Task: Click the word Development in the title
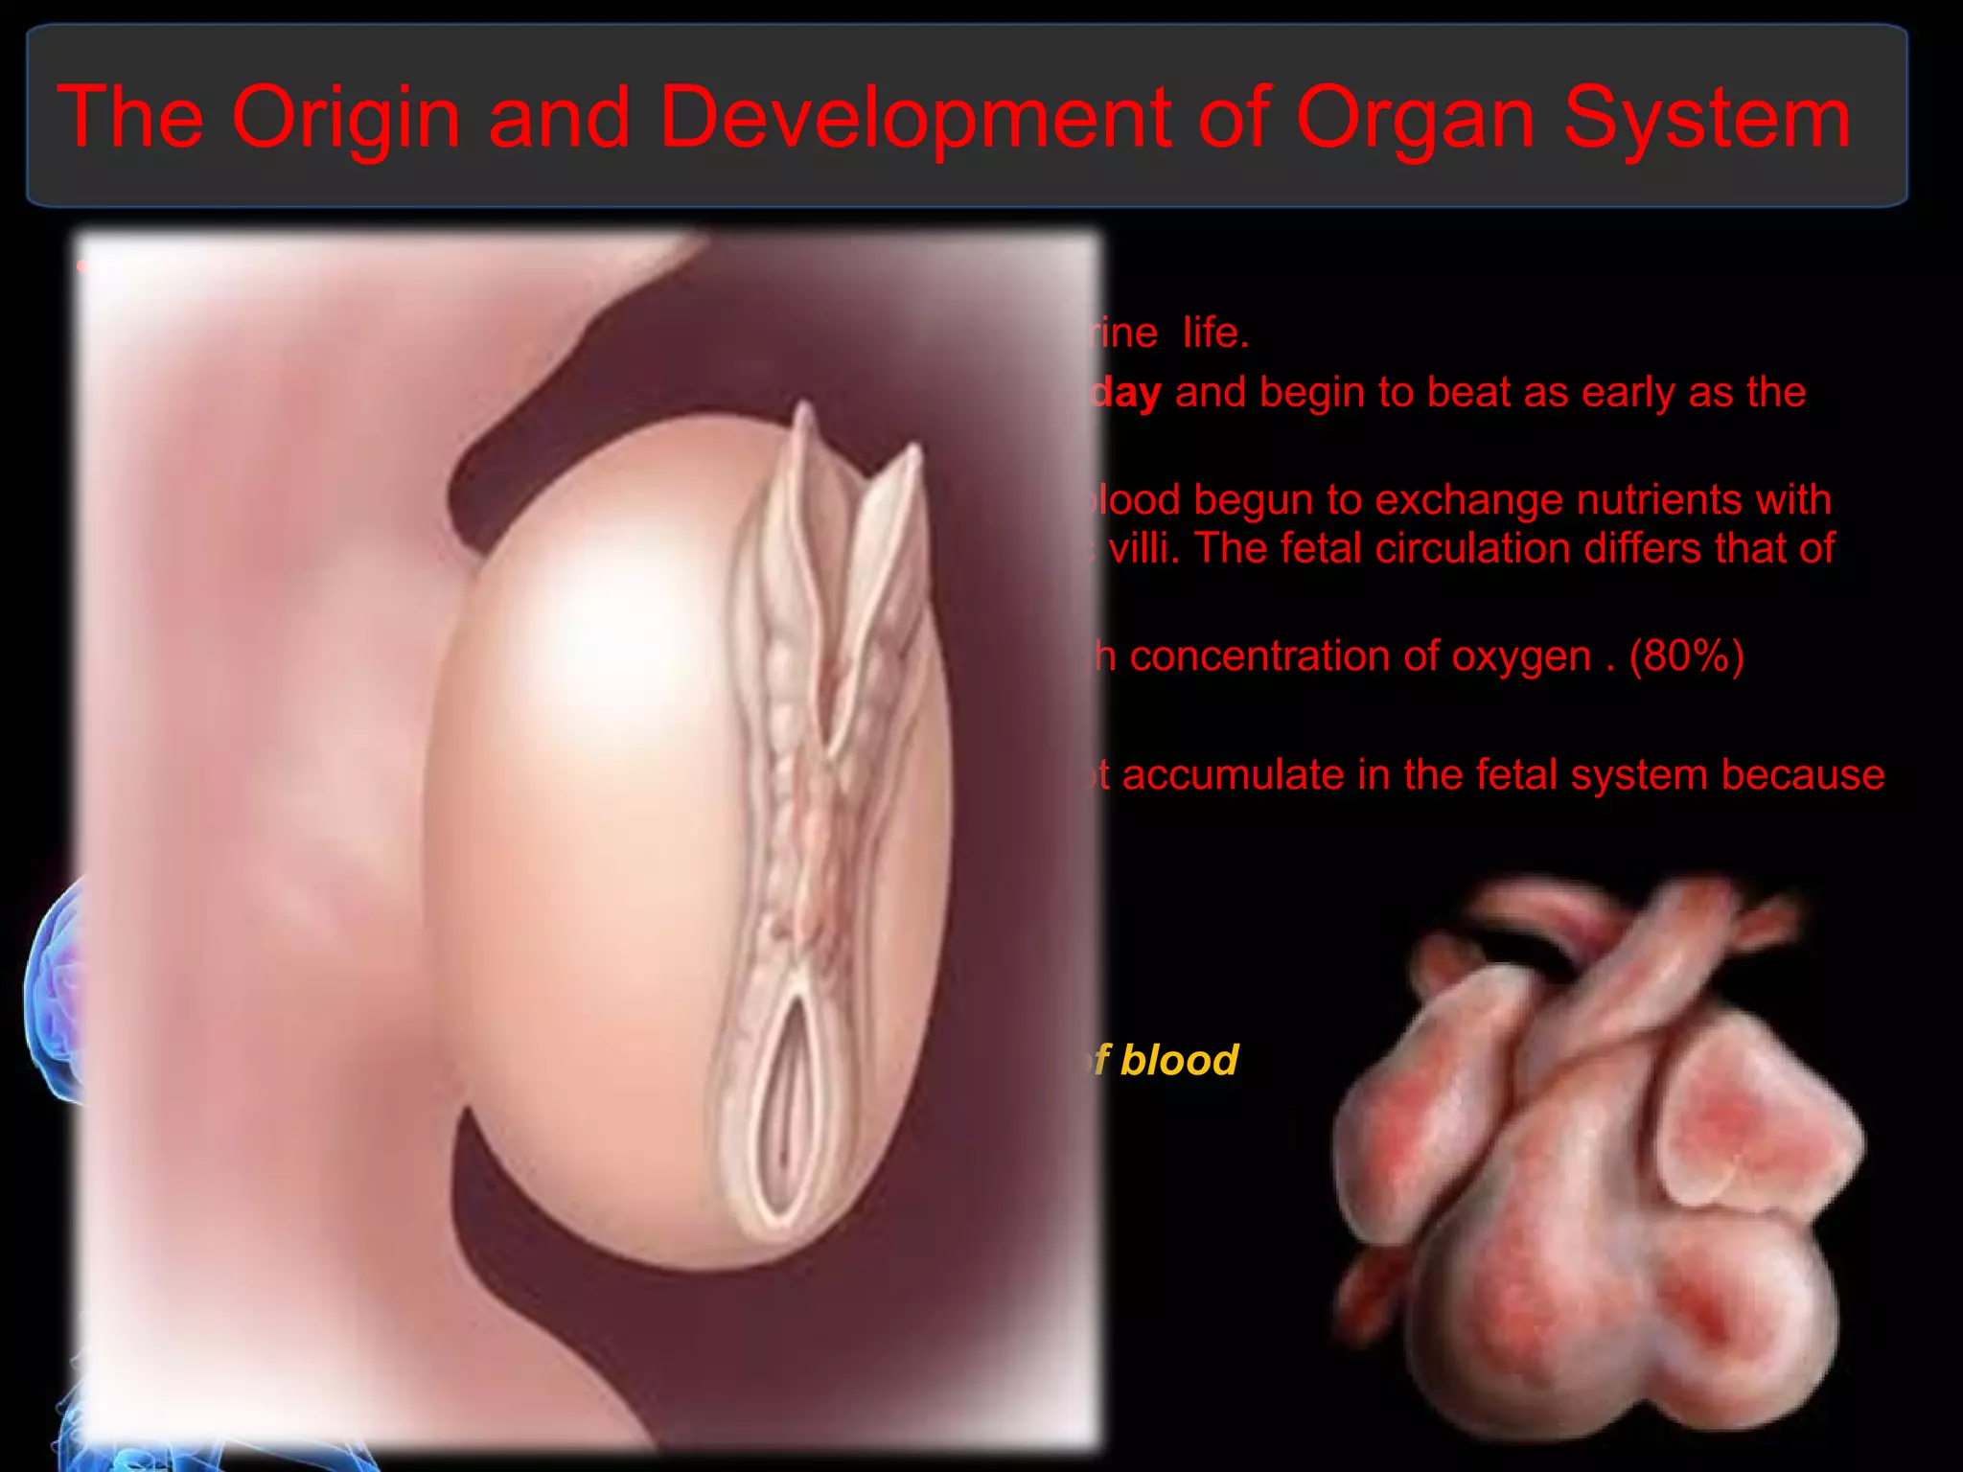point(915,119)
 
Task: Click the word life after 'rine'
point(1214,333)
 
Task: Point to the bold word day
point(1127,393)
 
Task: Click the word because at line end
point(1802,775)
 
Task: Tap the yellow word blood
point(1179,1061)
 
